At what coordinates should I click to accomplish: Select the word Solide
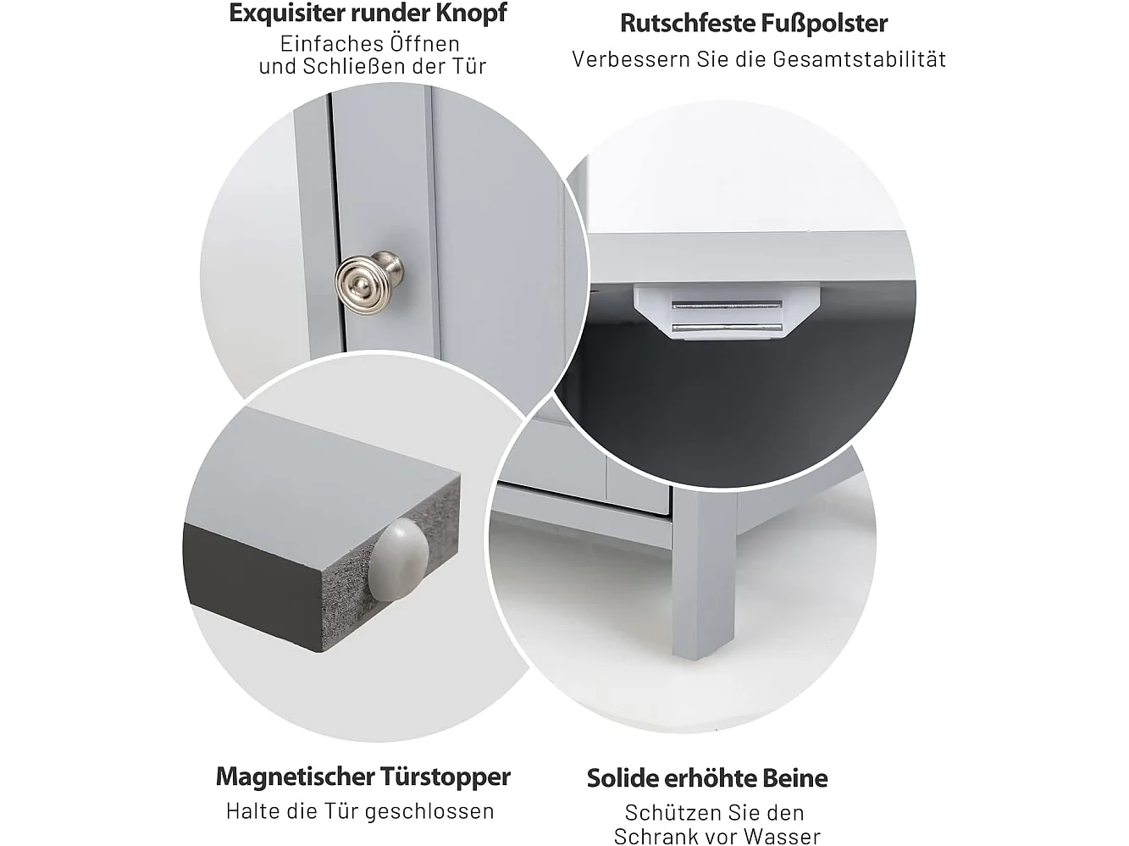pyautogui.click(x=623, y=778)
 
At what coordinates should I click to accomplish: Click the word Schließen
pyautogui.click(x=353, y=66)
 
